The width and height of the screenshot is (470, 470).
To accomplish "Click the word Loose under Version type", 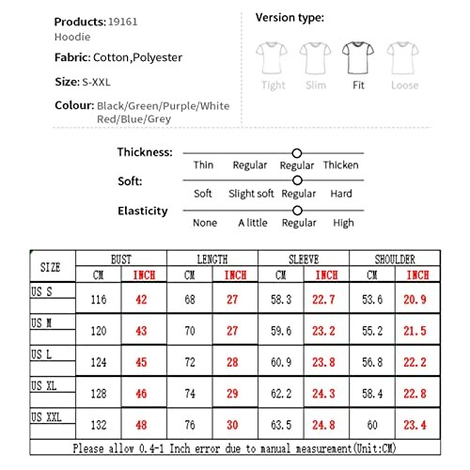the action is click(404, 86).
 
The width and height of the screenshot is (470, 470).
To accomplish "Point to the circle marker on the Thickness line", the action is click(297, 152).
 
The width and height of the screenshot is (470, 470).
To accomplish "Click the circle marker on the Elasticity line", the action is click(297, 211).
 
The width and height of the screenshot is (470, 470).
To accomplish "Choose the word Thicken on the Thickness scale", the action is click(340, 165).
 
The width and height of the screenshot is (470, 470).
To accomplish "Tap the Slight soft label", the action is click(251, 194).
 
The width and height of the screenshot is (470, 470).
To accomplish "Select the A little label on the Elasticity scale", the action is click(252, 223).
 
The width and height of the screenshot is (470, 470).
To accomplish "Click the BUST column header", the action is click(121, 259).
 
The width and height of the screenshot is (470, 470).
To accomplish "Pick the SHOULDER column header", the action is click(395, 259).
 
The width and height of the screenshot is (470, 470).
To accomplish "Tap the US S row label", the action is click(41, 292).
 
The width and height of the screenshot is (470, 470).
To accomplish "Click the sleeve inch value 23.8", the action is click(326, 361).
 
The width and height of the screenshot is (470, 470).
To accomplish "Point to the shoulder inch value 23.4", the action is click(417, 423).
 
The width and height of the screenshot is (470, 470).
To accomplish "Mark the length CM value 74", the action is click(190, 392).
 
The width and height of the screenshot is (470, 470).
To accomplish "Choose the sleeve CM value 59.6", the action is click(280, 330).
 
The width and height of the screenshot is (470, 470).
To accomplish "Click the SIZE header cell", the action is click(51, 267).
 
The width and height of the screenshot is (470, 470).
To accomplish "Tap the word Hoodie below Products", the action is click(72, 36).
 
